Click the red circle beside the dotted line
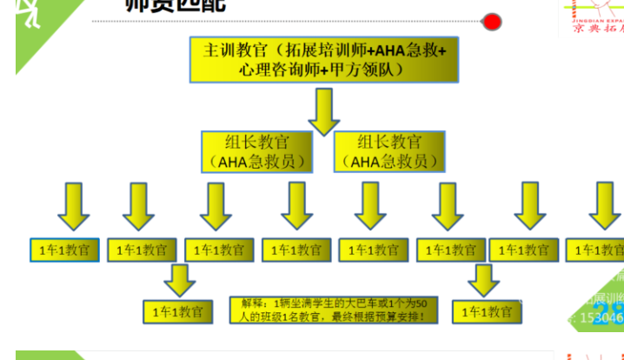[x=492, y=21]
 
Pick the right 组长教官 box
[x=388, y=151]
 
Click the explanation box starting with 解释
[x=334, y=310]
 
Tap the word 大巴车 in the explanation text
[x=355, y=303]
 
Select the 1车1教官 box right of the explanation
[x=488, y=310]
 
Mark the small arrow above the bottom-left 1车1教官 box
[x=179, y=280]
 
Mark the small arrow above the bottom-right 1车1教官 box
[x=483, y=280]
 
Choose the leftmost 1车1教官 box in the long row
[x=64, y=250]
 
